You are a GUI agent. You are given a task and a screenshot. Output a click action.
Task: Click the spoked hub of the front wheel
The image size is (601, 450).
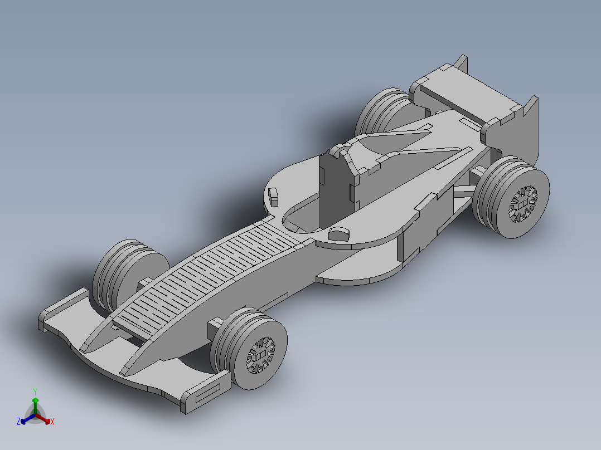point(260,355)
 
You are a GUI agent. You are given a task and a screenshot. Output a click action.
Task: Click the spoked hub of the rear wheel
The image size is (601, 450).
point(523,204)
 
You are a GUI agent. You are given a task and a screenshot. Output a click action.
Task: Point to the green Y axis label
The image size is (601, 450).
point(35,392)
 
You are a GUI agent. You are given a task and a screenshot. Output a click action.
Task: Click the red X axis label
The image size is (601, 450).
point(52,422)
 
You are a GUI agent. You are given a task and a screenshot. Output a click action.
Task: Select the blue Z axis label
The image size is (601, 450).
point(18,422)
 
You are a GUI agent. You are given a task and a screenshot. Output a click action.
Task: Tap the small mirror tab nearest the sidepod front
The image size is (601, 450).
point(339,233)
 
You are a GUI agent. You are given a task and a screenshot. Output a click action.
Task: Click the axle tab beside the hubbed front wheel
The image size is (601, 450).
point(216,324)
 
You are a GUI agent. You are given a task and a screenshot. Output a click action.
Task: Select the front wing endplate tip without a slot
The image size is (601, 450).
point(45,322)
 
